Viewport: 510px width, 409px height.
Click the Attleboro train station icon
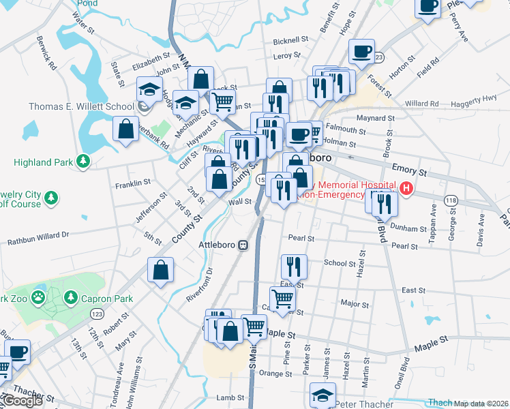point(242,245)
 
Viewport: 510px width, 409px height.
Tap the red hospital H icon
point(407,188)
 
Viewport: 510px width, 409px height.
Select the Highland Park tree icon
point(83,162)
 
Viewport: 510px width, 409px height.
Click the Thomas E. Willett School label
point(81,106)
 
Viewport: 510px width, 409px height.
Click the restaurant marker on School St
point(294,265)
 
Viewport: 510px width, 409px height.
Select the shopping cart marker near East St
point(282,297)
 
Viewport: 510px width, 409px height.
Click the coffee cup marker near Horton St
point(361,50)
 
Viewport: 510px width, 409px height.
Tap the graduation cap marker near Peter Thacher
point(323,395)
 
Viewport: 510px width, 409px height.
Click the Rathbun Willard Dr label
point(38,235)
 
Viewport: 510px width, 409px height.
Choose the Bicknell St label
point(291,41)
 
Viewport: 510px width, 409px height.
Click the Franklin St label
point(133,184)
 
